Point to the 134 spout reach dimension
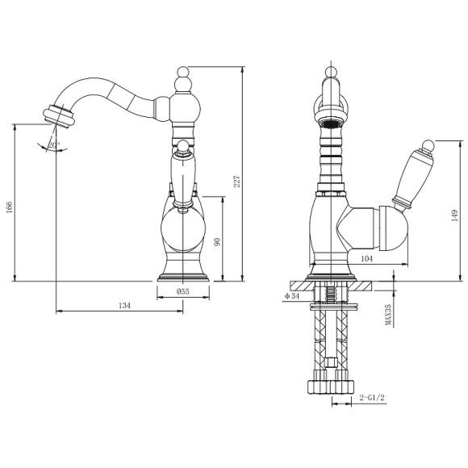(123, 306)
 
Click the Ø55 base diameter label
(183, 292)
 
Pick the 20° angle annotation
(53, 144)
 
